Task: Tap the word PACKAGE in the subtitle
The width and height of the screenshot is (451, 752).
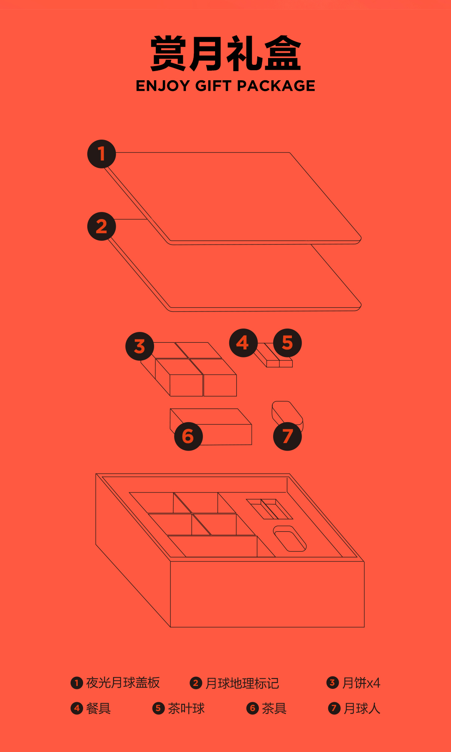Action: point(276,86)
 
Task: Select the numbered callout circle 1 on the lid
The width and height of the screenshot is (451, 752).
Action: point(101,154)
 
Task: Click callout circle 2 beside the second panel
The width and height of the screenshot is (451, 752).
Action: point(101,227)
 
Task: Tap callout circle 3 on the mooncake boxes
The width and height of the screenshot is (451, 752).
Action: point(140,346)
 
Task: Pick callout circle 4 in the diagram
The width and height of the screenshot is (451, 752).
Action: point(243,343)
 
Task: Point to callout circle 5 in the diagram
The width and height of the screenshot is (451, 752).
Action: point(287,343)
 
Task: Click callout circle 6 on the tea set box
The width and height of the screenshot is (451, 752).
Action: point(188,436)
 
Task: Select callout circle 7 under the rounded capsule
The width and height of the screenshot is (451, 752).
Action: point(287,436)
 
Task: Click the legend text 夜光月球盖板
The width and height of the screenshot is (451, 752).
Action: point(123,683)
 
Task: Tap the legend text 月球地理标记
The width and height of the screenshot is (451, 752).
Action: point(242,683)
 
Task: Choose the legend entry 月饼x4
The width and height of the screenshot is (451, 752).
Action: point(361,683)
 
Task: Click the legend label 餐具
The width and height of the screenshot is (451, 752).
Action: point(98,708)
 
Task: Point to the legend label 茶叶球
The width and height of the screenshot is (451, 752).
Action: point(186,708)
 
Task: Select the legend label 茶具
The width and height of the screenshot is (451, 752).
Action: point(274,708)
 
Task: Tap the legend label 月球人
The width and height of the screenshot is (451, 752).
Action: point(362,708)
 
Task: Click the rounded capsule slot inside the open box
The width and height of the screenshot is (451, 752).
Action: point(290,539)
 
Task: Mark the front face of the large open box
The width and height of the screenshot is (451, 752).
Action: point(267,594)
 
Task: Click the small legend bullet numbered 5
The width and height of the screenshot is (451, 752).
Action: point(158,708)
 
